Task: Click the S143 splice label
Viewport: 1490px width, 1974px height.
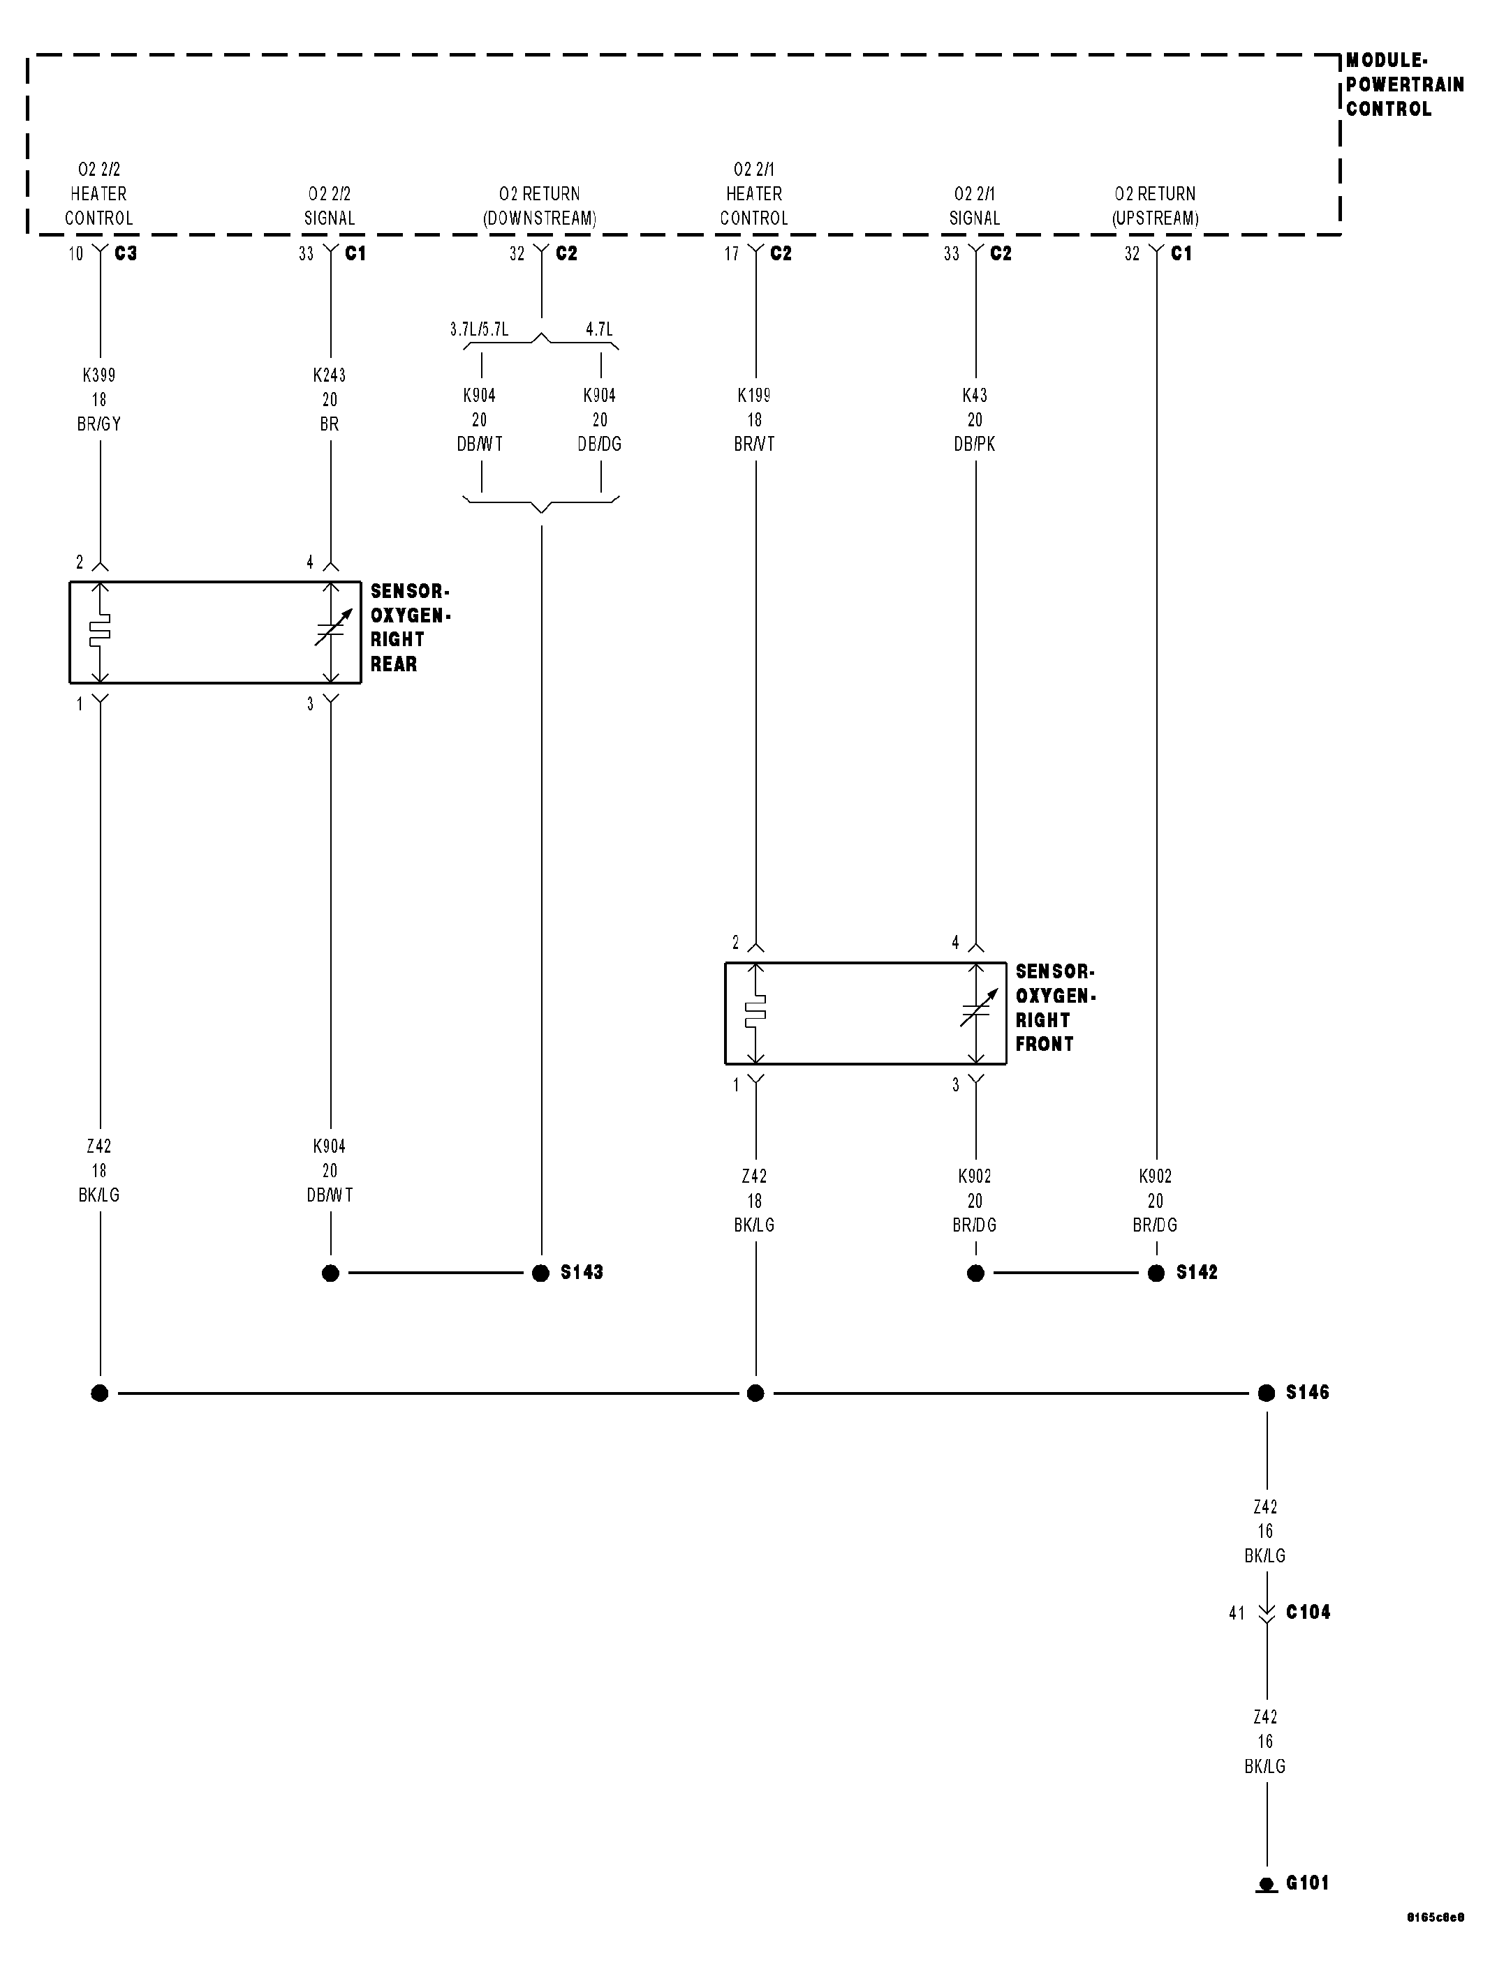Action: tap(581, 1273)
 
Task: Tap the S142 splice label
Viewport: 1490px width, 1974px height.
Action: tap(1196, 1273)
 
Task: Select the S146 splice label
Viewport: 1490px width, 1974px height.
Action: tap(1307, 1392)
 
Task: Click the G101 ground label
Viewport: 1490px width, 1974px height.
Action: tap(1307, 1883)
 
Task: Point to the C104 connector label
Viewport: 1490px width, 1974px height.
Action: tap(1307, 1613)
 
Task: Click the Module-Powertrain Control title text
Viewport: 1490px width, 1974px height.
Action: tap(1404, 84)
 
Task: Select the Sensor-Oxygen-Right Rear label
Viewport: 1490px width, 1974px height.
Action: tap(410, 627)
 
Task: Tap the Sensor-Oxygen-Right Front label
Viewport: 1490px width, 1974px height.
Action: tap(1055, 1008)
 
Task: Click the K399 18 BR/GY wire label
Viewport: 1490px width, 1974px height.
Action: tap(99, 400)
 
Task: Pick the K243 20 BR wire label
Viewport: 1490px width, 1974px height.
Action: tap(330, 400)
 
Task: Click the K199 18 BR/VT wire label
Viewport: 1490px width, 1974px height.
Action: tap(754, 419)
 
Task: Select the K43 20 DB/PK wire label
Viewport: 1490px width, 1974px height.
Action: tap(974, 419)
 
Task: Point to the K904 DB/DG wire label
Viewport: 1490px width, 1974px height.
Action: tap(599, 419)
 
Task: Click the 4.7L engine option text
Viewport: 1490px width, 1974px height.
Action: tap(599, 329)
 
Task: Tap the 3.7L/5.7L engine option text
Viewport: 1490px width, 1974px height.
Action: tap(480, 329)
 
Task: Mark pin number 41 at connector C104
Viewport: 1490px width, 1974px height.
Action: tap(1237, 1613)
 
